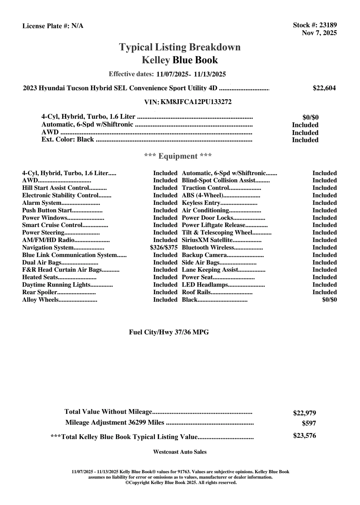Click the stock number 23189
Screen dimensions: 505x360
(x=328, y=25)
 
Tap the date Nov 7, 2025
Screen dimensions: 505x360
(x=319, y=33)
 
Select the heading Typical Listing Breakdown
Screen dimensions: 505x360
(x=180, y=47)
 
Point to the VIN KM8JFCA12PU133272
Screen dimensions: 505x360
(x=196, y=102)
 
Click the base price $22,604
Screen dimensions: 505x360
(x=324, y=88)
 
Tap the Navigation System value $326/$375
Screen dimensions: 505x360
(x=164, y=248)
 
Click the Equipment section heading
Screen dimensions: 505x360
(x=178, y=156)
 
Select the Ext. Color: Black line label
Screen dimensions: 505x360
(x=68, y=139)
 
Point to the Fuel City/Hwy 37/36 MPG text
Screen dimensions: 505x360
(x=169, y=332)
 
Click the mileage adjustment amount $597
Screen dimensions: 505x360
(x=309, y=423)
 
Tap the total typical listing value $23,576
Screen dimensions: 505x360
(x=304, y=436)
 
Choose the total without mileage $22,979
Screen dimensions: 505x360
(x=304, y=413)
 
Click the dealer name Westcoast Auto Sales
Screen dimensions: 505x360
(x=180, y=452)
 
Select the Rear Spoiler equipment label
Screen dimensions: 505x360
(x=40, y=292)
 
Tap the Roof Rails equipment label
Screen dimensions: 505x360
(x=196, y=292)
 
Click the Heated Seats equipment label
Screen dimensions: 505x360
(x=40, y=277)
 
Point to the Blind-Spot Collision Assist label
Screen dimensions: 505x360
(x=219, y=181)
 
